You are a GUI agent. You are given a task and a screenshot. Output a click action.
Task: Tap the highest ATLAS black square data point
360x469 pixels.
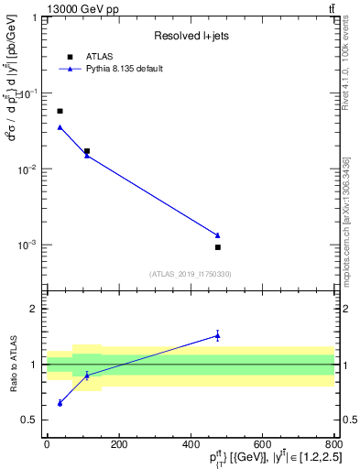tap(60, 111)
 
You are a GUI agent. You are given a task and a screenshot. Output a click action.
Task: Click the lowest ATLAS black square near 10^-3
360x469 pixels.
tap(218, 247)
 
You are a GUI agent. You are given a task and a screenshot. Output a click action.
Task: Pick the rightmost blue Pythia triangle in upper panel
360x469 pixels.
tap(218, 235)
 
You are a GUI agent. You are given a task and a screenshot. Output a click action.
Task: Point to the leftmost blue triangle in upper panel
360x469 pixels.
tap(60, 127)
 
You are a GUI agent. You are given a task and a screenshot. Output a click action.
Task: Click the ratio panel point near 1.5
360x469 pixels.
tap(218, 335)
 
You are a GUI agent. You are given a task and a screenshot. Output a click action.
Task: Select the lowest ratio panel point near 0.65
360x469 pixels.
tap(60, 403)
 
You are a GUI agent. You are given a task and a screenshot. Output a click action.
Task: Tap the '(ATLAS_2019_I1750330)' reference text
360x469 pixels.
tap(191, 274)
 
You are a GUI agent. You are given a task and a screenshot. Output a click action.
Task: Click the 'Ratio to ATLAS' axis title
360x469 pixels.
tap(12, 364)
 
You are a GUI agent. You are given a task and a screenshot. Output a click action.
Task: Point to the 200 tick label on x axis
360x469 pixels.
tap(118, 444)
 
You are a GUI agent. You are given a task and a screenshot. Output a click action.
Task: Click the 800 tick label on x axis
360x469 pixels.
tap(334, 444)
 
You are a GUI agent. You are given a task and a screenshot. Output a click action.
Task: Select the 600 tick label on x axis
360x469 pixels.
tap(262, 444)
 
